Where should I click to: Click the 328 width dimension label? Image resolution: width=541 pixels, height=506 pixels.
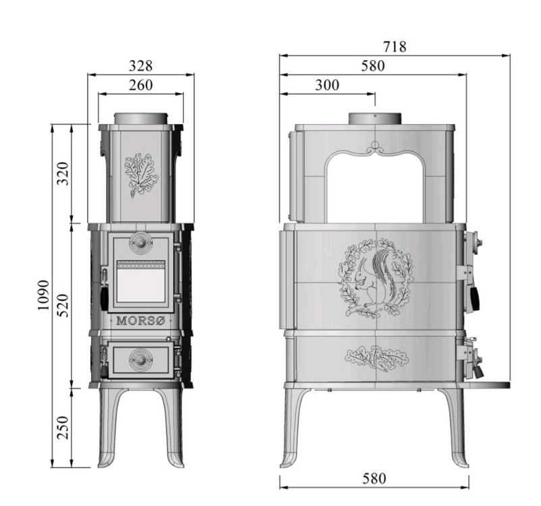coord(140,65)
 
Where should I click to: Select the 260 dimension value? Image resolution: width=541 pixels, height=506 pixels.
coord(140,85)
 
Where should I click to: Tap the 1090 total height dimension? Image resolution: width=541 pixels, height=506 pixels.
coord(44,295)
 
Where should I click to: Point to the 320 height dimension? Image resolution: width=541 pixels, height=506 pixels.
coord(63,173)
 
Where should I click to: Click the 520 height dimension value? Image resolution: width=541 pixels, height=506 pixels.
coord(63,305)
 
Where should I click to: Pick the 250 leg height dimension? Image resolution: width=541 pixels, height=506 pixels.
coord(63,427)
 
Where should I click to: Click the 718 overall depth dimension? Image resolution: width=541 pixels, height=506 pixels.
coord(395,47)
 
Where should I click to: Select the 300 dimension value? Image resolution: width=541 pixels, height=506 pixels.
coord(327,85)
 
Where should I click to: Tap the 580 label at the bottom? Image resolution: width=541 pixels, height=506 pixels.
coord(374,478)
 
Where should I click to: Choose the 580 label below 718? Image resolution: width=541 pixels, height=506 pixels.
coord(372,65)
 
